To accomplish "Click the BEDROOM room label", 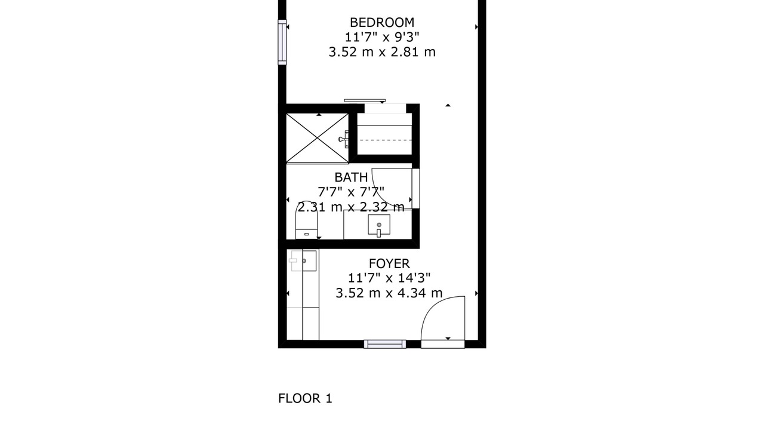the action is pos(382,23).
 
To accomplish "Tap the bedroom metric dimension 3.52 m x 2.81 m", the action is pos(382,52).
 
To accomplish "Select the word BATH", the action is pos(351,177).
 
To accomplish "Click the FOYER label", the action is pos(389,263).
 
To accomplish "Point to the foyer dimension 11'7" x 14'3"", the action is pos(389,278).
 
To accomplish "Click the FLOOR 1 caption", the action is pos(305,398).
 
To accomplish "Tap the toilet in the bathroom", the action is pos(306,220).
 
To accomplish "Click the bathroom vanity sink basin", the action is pos(379,225).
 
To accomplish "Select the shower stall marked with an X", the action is pos(317,138).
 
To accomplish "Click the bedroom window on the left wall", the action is pos(282,42).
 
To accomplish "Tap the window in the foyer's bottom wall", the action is pos(385,344).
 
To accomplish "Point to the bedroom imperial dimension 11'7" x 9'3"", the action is pos(382,37).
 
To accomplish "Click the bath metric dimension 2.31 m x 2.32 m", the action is pos(351,207).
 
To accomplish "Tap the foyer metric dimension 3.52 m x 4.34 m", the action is pos(389,293).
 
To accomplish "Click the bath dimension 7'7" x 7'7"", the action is pos(351,192).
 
